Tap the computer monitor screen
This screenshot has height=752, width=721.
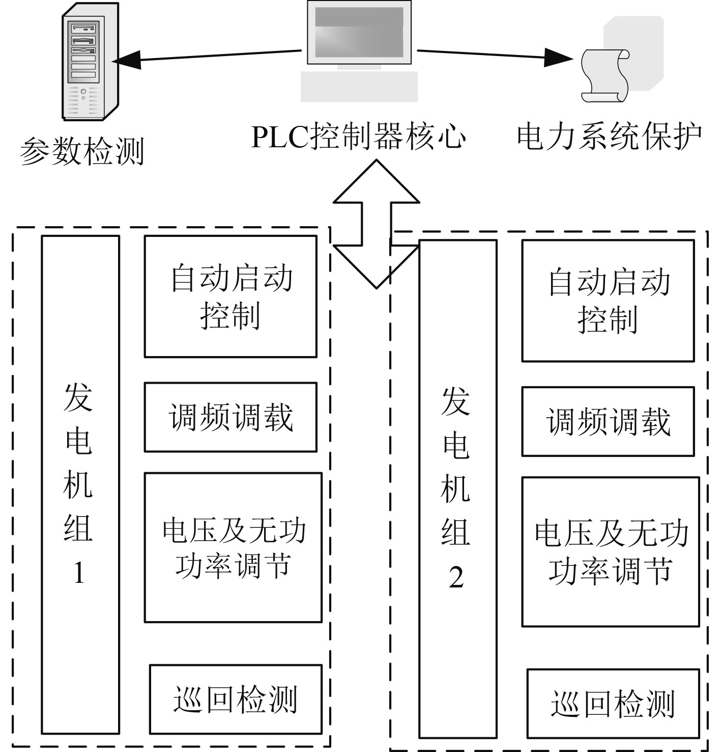359,33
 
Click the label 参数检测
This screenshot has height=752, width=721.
82,151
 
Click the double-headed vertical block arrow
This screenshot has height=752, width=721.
377,224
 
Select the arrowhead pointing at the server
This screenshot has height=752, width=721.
125,60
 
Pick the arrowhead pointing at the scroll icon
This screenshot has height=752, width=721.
560,57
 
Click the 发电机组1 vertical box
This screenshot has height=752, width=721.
80,484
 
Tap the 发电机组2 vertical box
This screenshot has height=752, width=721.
457,489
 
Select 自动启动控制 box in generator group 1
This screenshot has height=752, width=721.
230,296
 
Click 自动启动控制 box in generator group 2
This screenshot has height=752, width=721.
608,301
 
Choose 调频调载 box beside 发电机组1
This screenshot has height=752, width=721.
230,417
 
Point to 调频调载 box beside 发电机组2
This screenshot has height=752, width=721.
608,421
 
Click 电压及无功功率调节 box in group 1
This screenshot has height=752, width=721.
233,547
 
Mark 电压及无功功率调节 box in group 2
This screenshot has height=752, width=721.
610,552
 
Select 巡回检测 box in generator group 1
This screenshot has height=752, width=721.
236,699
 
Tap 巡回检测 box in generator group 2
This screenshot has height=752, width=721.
613,704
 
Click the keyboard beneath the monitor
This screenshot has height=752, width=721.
359,87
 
